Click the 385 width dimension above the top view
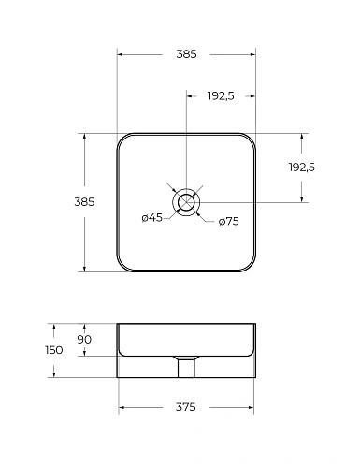(x=186, y=54)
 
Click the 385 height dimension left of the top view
(x=84, y=202)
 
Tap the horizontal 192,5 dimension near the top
(x=221, y=96)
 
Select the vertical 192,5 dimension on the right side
(x=302, y=168)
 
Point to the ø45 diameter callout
(x=152, y=218)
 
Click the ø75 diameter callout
(x=229, y=222)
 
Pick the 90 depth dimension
(x=84, y=339)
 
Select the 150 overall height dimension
(x=54, y=350)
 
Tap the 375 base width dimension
(x=186, y=407)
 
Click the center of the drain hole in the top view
(x=186, y=202)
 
